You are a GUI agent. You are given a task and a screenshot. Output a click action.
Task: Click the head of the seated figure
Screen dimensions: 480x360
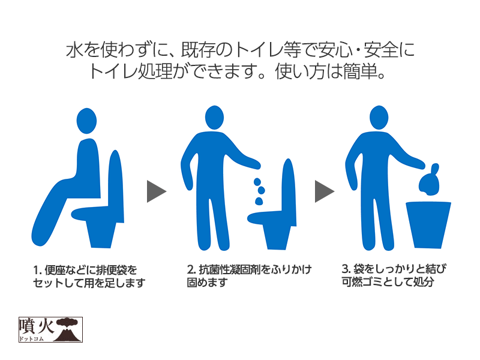pos(86,121)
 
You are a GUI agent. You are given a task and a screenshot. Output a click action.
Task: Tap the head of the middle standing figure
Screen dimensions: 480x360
pos(214,118)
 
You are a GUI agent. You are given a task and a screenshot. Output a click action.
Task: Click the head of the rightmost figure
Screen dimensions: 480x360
pos(379,118)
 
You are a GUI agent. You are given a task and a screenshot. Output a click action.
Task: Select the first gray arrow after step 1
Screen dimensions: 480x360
pos(157,191)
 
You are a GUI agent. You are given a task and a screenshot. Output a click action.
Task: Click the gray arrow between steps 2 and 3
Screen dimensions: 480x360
pos(325,191)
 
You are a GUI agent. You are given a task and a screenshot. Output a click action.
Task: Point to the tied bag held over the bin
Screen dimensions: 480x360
pos(429,181)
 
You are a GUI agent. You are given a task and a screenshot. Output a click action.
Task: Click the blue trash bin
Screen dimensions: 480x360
pos(428,224)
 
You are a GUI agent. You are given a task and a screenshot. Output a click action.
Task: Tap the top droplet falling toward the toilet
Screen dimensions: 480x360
pos(257,182)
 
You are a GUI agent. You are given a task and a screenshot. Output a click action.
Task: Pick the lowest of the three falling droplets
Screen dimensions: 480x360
pos(259,201)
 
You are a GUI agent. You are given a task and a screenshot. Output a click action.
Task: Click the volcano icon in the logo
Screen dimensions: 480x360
pos(68,330)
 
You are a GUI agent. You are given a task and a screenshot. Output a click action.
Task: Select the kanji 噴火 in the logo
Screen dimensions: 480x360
pos(37,327)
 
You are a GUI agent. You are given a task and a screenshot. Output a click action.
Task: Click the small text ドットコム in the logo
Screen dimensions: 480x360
pos(31,339)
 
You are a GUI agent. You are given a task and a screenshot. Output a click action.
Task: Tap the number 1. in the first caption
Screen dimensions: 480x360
pos(37,271)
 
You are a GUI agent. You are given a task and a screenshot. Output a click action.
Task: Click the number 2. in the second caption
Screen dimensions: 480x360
pos(191,269)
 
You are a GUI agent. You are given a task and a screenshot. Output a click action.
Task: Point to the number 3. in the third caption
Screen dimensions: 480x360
pos(346,269)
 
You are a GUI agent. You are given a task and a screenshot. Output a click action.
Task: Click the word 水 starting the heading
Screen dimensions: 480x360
pos(74,50)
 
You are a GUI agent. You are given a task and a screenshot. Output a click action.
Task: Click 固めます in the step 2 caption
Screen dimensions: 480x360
pos(207,282)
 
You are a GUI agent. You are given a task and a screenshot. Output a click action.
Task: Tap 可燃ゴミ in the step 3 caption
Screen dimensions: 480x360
pos(362,281)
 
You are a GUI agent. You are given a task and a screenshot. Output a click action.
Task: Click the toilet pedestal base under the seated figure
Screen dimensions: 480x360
pos(101,235)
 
